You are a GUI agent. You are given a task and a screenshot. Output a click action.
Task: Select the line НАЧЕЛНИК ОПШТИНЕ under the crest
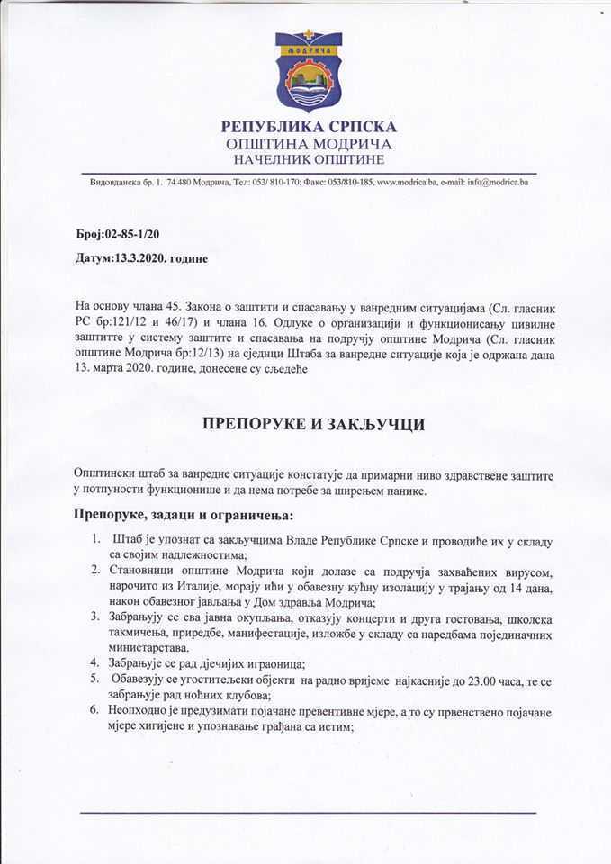click(308, 159)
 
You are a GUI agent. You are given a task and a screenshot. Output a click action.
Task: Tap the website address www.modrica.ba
click(407, 183)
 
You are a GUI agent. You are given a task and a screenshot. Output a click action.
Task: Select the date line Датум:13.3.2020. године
click(142, 258)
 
